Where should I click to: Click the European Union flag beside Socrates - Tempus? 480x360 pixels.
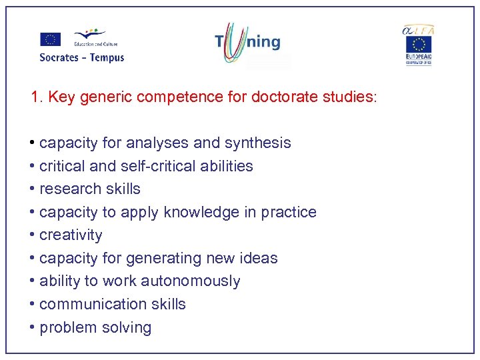pyautogui.click(x=50, y=39)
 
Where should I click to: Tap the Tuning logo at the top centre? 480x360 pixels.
pyautogui.click(x=247, y=42)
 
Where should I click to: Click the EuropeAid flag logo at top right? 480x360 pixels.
pyautogui.click(x=419, y=47)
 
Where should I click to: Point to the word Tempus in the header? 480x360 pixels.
pyautogui.click(x=107, y=57)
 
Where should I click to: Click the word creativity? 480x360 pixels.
pyautogui.click(x=71, y=235)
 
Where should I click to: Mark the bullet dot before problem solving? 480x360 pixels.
pyautogui.click(x=33, y=328)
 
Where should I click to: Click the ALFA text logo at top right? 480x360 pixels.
pyautogui.click(x=418, y=29)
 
